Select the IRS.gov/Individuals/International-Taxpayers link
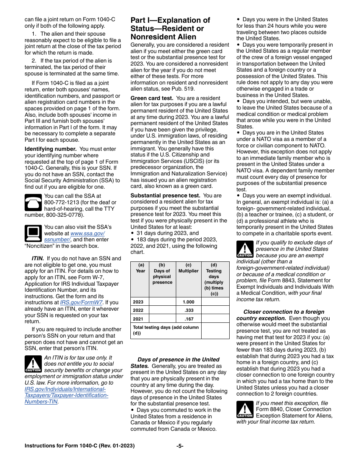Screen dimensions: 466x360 pyautogui.click(x=65, y=389)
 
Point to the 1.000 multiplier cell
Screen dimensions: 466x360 pyautogui.click(x=188, y=302)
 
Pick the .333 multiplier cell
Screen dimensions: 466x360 pyautogui.click(x=188, y=310)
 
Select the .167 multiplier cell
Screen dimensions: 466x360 pyautogui.click(x=188, y=319)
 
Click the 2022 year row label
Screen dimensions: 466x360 pyautogui.click(x=139, y=310)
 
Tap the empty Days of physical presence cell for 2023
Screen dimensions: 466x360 pyautogui.click(x=162, y=302)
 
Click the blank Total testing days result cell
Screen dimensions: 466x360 pyautogui.click(x=215, y=330)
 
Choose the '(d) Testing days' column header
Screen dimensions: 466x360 pyautogui.click(x=214, y=279)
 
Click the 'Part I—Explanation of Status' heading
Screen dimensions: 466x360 pyautogui.click(x=170, y=28)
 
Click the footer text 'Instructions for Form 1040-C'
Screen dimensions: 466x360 pyautogui.click(x=79, y=446)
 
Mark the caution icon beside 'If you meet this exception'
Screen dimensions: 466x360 pyautogui.click(x=245, y=409)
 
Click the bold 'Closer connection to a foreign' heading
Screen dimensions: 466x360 pyautogui.click(x=284, y=312)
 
